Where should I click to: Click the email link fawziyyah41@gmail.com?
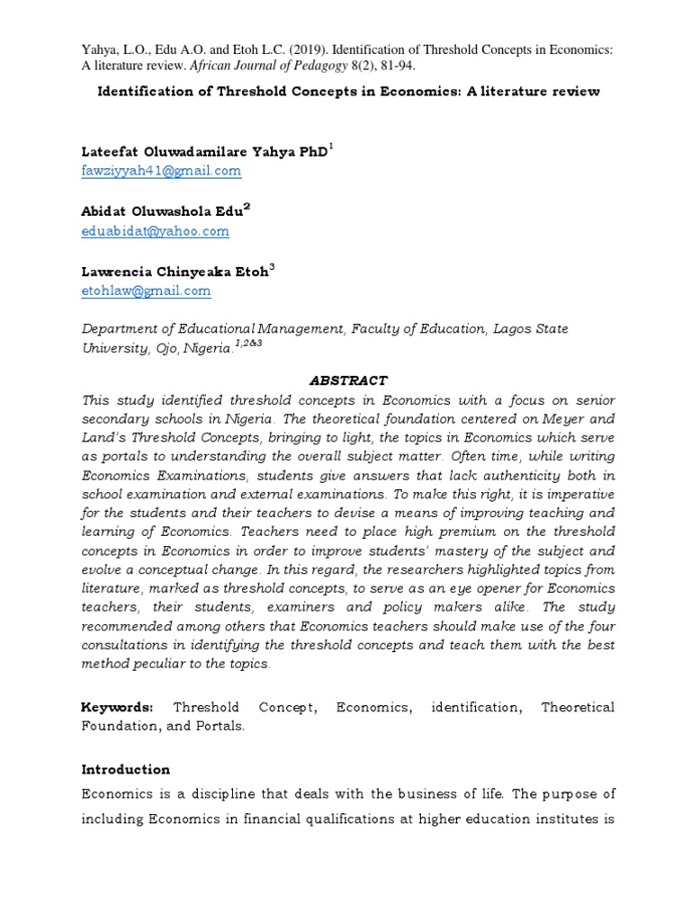[x=161, y=170]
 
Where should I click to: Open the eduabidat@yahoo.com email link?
[x=155, y=230]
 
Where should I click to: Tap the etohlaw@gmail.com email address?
[x=146, y=291]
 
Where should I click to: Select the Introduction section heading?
[x=125, y=770]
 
